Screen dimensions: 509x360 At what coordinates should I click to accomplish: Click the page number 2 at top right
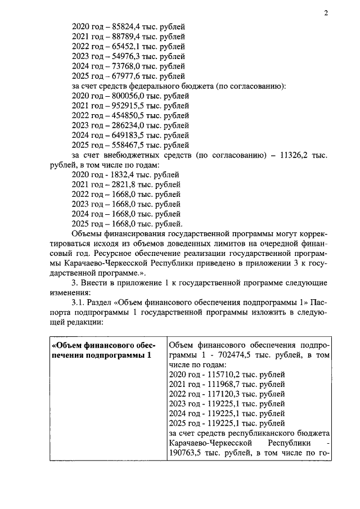[x=326, y=13]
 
